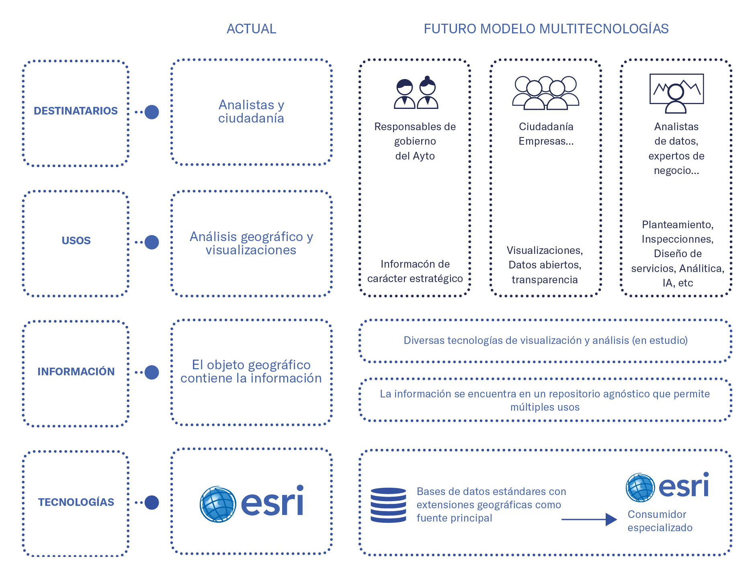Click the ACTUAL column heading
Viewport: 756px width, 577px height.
(251, 29)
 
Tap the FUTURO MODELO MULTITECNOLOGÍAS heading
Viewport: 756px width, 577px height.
(546, 29)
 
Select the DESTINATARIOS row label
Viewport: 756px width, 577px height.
(76, 111)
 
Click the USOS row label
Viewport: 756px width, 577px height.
(76, 241)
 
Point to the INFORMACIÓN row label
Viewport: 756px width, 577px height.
(76, 372)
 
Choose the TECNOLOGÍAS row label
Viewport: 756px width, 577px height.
(76, 502)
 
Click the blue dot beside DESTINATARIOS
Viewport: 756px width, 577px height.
(152, 112)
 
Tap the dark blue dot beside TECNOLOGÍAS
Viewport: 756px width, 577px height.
(152, 502)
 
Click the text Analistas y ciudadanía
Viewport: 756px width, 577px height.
(251, 111)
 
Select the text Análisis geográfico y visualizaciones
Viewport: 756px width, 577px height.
(251, 243)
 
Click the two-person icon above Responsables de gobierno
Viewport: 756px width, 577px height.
(416, 93)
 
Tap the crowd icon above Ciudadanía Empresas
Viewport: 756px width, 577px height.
(545, 93)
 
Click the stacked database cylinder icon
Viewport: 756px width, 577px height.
(388, 505)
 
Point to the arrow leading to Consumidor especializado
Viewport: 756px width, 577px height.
(589, 520)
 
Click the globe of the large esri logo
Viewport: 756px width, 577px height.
(218, 504)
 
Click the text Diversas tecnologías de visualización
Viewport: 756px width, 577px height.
(545, 340)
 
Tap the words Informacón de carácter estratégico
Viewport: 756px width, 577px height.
(415, 271)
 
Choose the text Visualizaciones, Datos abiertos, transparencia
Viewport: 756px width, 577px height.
(545, 265)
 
